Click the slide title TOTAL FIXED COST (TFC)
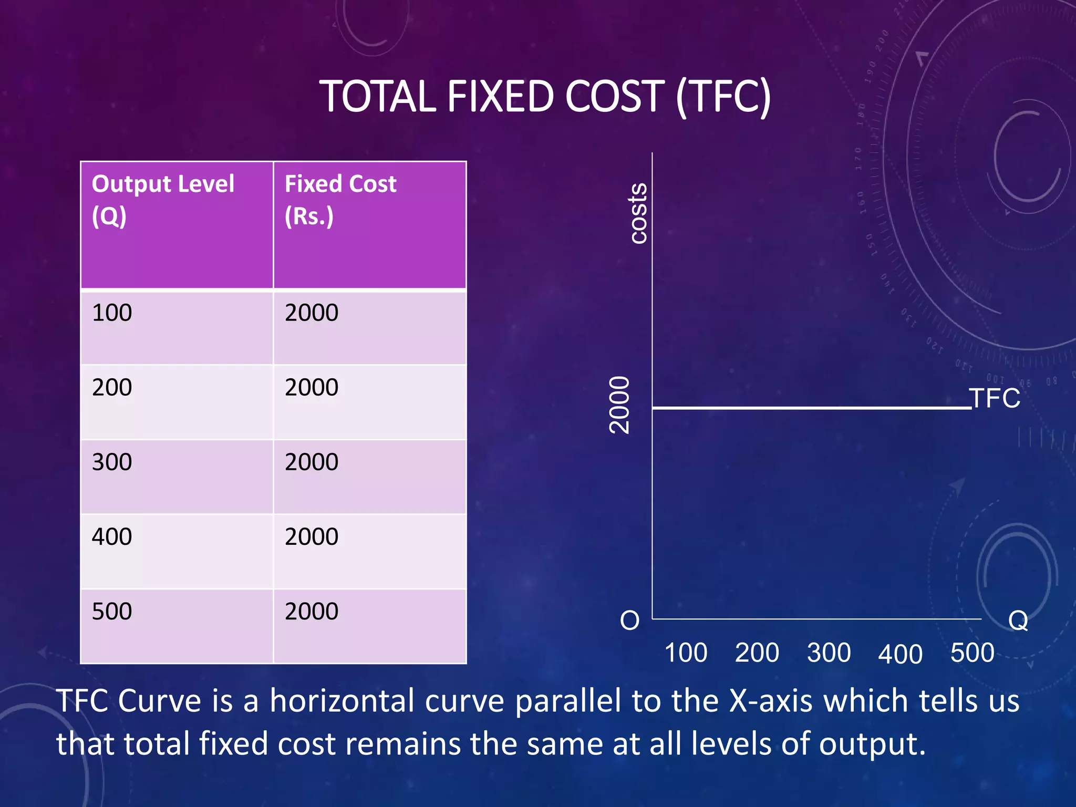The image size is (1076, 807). [x=545, y=97]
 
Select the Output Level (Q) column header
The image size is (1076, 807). [x=163, y=200]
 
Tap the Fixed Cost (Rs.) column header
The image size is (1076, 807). [x=340, y=200]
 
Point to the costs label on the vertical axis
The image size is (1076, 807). [x=638, y=213]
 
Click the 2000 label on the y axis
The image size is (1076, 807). [x=619, y=405]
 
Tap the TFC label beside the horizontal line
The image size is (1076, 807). [x=995, y=398]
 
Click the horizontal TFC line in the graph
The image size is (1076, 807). [x=809, y=408]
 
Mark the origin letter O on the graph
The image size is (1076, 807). [x=629, y=620]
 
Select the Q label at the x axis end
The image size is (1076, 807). [x=1018, y=620]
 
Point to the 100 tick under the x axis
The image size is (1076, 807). [x=686, y=653]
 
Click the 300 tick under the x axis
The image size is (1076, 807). [x=829, y=653]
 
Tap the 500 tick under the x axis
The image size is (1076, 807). [x=972, y=653]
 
